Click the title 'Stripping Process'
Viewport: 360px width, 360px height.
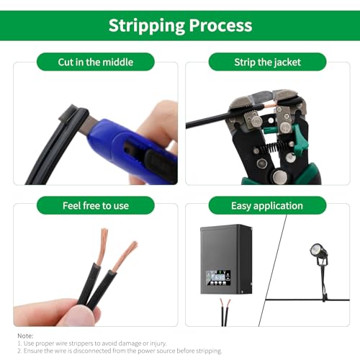point(180,25)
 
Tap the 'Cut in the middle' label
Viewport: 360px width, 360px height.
point(96,62)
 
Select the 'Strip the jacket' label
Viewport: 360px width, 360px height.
point(267,62)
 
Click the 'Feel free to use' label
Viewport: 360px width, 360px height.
point(96,206)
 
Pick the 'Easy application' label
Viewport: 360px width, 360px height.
point(267,206)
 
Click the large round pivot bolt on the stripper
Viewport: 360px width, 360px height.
point(279,177)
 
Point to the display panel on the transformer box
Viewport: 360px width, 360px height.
point(218,278)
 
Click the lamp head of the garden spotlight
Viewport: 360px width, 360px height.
point(317,251)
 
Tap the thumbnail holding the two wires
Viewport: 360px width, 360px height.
point(79,315)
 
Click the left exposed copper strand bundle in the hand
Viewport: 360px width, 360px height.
point(103,246)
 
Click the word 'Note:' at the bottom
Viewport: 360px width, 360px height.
point(25,336)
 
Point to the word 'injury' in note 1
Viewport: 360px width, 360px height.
point(158,343)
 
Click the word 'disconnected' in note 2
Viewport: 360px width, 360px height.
point(91,351)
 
